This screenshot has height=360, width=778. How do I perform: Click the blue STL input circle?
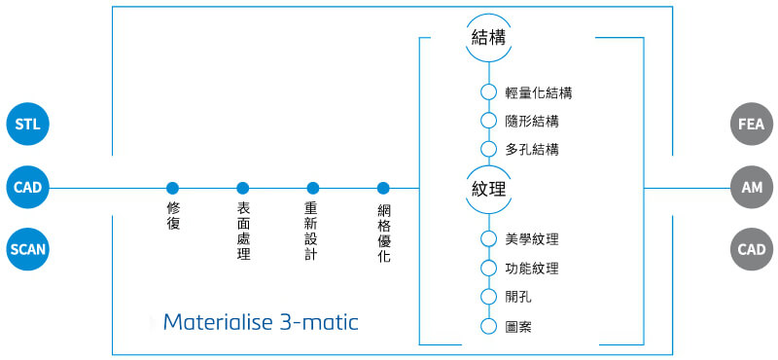tap(27, 125)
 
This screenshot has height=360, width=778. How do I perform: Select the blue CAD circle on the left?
tap(27, 187)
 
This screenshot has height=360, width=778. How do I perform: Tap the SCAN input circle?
tap(27, 249)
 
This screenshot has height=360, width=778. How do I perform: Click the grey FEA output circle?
tap(751, 125)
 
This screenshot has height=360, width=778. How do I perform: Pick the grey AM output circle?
tap(751, 187)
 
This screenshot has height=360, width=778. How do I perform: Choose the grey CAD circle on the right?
tap(751, 249)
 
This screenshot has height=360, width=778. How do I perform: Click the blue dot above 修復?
tap(173, 188)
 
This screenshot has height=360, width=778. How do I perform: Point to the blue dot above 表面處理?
tap(243, 188)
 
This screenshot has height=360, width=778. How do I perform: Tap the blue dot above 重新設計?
tap(313, 188)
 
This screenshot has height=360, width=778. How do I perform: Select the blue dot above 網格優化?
tap(383, 188)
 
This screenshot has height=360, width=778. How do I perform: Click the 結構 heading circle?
tap(488, 39)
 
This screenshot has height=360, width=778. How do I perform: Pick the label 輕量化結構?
tap(539, 93)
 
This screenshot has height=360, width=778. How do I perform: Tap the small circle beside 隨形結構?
tap(488, 122)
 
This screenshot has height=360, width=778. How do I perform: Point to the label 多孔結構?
tap(532, 150)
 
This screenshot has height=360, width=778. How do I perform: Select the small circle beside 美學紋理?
tap(488, 239)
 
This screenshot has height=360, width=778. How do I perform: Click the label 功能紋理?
tap(532, 269)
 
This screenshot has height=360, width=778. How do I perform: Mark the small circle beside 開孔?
tap(488, 297)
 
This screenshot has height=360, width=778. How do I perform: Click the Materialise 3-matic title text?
tap(261, 322)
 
